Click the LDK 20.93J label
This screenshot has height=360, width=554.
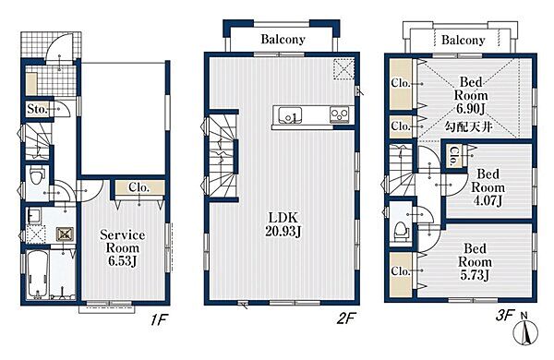283,224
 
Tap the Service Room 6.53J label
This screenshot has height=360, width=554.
122,247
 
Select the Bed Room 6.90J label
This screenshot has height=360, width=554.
471,95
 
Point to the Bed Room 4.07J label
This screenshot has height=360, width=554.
488,187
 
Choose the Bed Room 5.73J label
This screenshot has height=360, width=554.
475,262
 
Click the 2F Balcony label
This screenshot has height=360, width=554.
283,39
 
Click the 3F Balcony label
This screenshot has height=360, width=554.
464,40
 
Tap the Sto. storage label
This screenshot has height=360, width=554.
37,109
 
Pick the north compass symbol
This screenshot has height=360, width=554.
525,330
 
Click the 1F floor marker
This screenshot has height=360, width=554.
158,320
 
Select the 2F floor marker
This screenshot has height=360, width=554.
345,319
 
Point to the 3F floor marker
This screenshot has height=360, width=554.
503,315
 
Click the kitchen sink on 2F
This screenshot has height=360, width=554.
290,114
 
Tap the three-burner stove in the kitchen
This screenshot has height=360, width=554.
339,114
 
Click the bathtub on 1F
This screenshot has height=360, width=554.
37,274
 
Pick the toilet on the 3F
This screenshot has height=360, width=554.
401,231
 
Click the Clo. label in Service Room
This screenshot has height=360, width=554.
138,187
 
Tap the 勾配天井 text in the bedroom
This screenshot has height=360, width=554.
468,126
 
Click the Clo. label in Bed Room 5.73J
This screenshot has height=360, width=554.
401,271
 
